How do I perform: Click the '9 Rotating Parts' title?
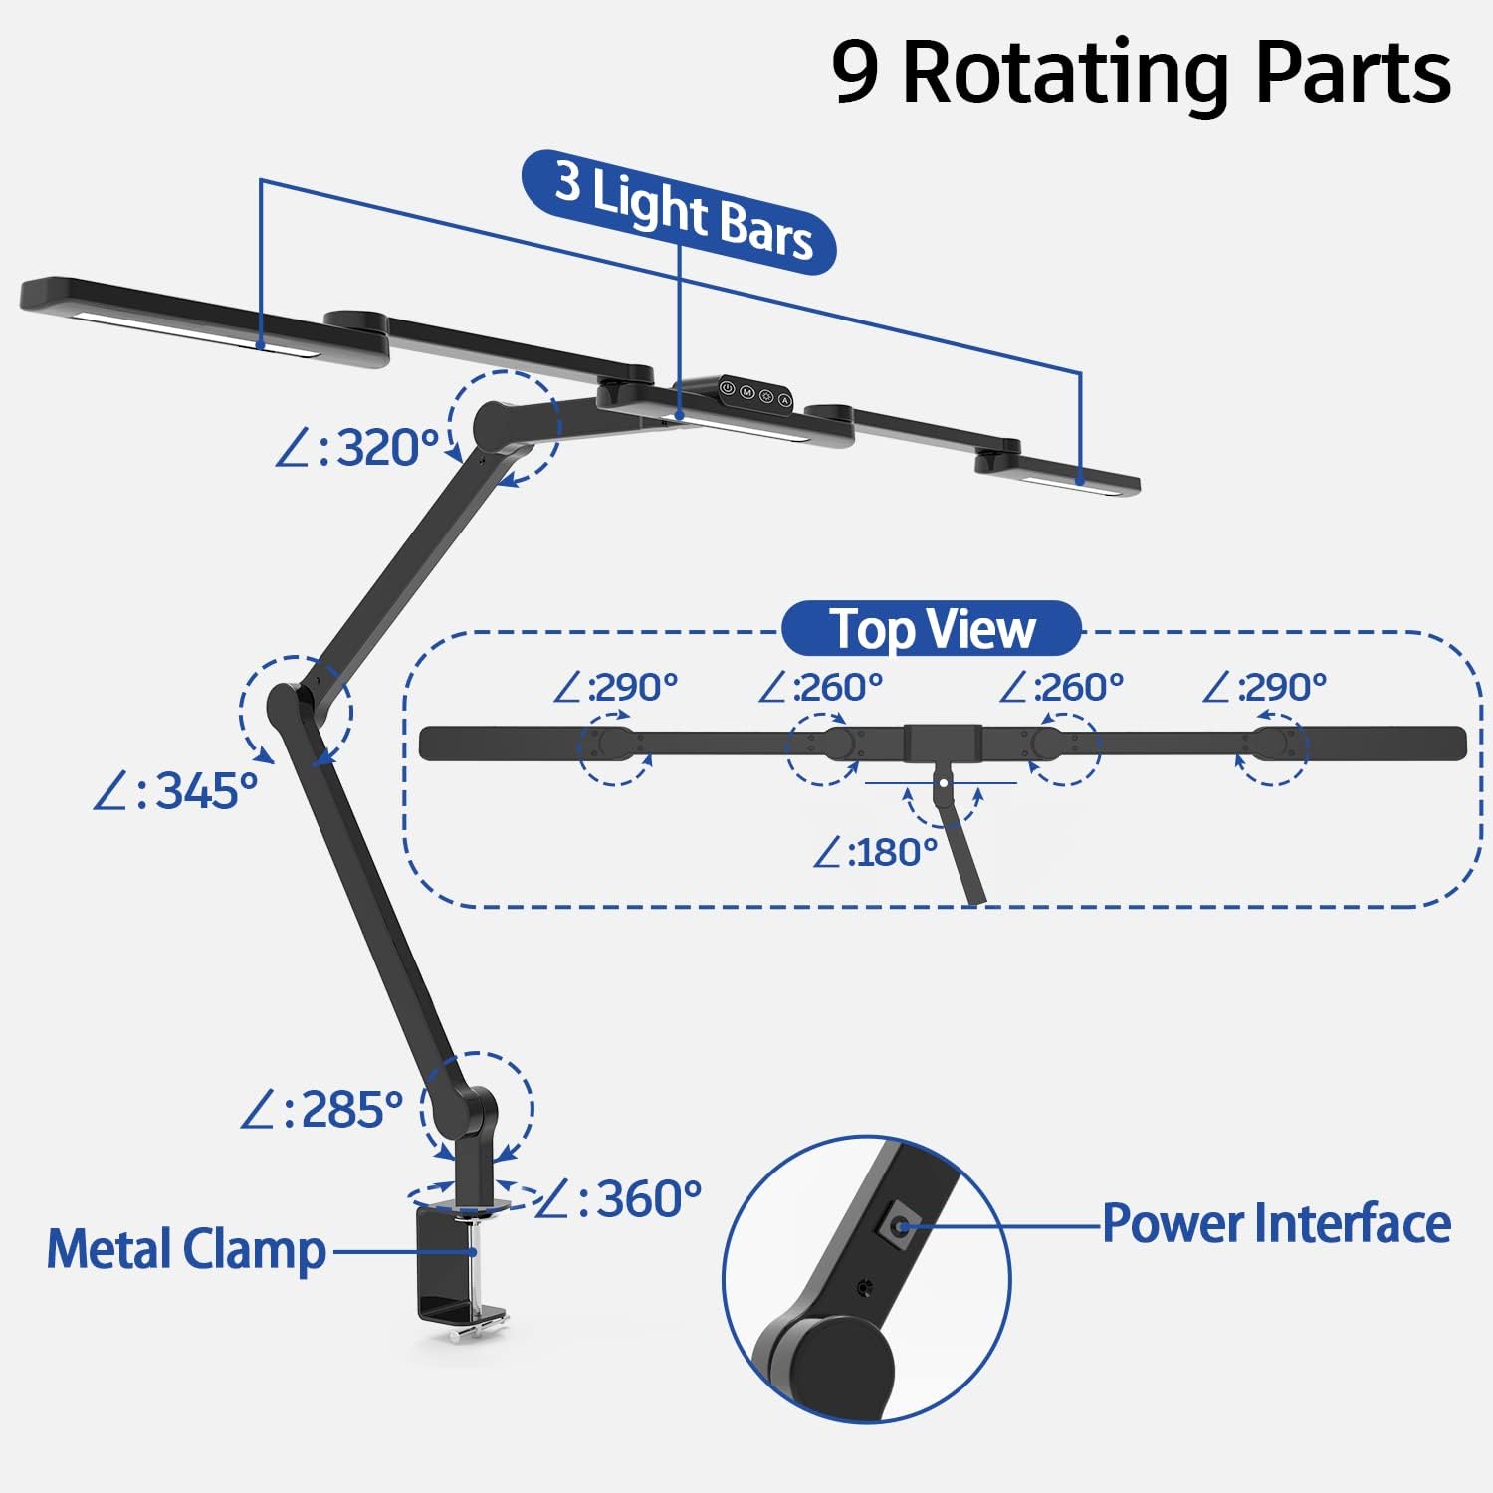(x=1141, y=72)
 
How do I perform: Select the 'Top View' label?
(x=932, y=629)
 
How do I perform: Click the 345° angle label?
(x=177, y=792)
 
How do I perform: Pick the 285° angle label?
(x=322, y=1110)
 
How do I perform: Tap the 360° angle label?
(x=620, y=1199)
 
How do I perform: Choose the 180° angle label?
(x=876, y=853)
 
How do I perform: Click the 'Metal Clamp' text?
(x=187, y=1250)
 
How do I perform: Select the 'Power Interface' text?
(x=1276, y=1223)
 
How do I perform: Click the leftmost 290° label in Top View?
(x=616, y=688)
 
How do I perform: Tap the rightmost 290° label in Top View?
(x=1265, y=688)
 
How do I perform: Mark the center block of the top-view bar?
(x=943, y=743)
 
